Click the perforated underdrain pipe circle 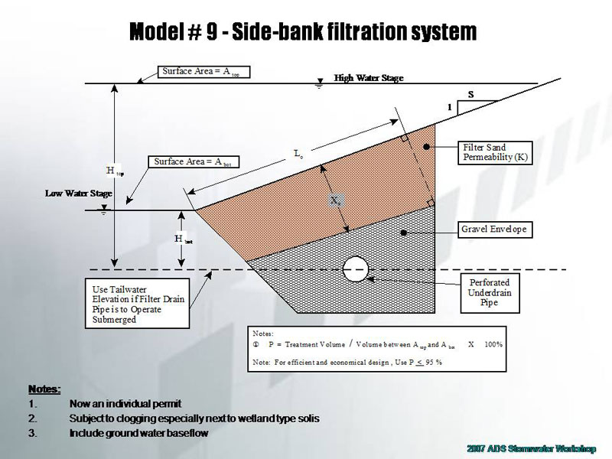click(x=356, y=267)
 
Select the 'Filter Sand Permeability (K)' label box click(x=495, y=152)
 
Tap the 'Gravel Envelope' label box click(x=493, y=229)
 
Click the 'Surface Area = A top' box click(x=205, y=72)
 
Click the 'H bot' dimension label click(x=181, y=239)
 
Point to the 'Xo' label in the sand click(x=336, y=200)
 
